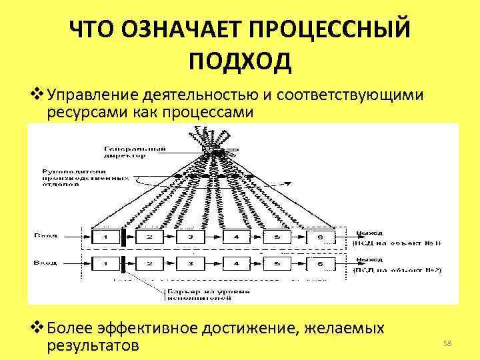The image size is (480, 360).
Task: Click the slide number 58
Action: [x=448, y=343]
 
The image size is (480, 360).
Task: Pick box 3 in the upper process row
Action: [x=191, y=236]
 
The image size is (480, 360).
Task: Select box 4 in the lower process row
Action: [x=234, y=265]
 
